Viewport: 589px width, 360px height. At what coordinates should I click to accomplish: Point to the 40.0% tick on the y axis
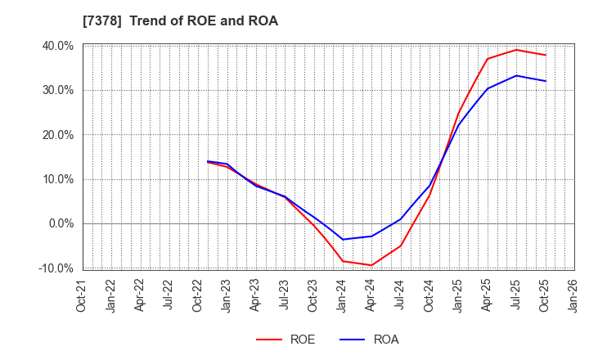(x=58, y=46)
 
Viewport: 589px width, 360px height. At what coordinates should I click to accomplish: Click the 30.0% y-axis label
(x=58, y=90)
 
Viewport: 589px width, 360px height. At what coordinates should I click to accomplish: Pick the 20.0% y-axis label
(x=58, y=135)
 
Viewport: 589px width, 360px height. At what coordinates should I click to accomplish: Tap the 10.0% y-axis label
(x=58, y=179)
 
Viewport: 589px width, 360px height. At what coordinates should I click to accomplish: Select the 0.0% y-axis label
(x=61, y=223)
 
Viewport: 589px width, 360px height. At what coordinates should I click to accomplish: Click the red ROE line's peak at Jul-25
(x=516, y=50)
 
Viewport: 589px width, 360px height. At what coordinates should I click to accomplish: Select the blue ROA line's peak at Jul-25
(x=516, y=75)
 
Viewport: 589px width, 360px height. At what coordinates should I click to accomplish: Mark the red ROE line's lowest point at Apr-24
(x=371, y=265)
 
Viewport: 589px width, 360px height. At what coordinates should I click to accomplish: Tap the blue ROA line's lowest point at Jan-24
(x=342, y=240)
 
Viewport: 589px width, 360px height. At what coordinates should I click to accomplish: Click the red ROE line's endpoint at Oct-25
(x=545, y=55)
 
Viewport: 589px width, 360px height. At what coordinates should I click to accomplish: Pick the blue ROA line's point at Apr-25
(x=488, y=88)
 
